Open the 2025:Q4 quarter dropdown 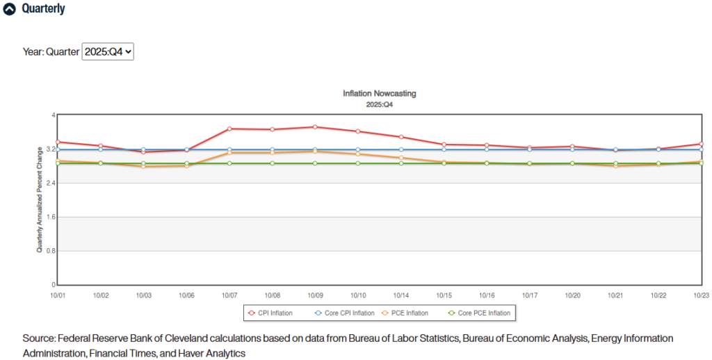(x=108, y=51)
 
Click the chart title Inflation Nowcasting (x=379, y=93)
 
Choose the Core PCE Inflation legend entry (x=483, y=313)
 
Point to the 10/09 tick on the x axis (x=315, y=295)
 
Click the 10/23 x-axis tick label (x=701, y=295)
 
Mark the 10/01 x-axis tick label (x=58, y=295)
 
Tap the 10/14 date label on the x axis (x=400, y=295)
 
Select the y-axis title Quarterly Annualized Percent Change (x=40, y=200)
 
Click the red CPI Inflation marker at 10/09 (x=315, y=127)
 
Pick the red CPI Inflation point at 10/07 (x=229, y=129)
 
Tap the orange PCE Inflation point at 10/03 (x=144, y=167)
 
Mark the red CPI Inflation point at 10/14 (x=401, y=137)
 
